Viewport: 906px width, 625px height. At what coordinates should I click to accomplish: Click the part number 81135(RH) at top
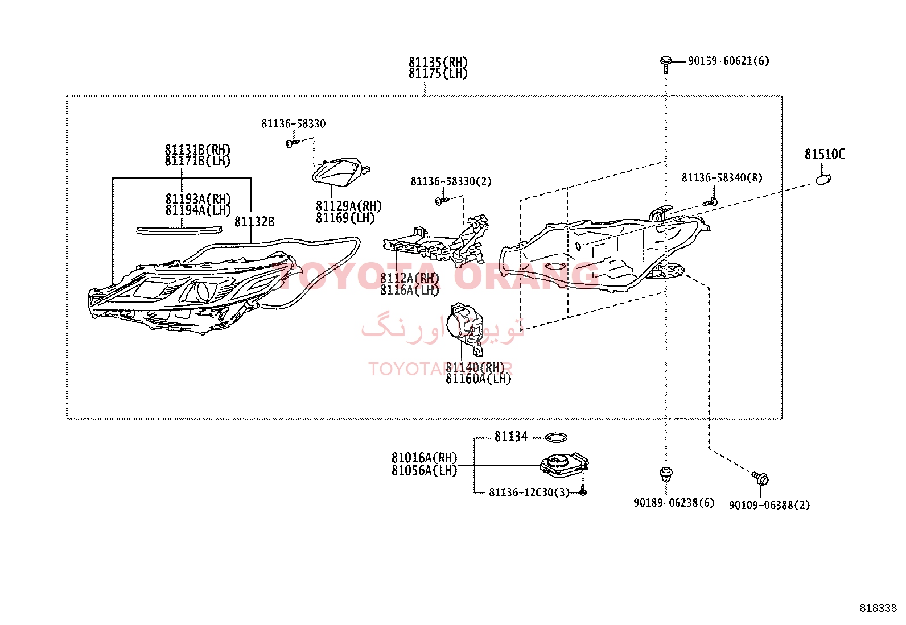pos(438,62)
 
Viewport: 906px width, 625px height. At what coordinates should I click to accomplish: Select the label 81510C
pos(824,154)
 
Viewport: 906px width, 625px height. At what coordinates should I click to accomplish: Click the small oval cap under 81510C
pos(823,180)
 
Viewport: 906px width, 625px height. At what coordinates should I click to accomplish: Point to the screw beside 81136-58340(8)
pos(710,201)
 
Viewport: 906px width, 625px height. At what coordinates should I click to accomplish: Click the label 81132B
pos(254,222)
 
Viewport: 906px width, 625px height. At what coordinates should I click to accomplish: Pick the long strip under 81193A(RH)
pos(179,230)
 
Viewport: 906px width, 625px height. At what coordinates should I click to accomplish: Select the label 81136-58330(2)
pos(451,181)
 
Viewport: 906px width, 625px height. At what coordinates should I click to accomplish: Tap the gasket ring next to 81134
pos(556,437)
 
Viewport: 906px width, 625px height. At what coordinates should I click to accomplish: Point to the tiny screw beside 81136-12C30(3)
pos(582,491)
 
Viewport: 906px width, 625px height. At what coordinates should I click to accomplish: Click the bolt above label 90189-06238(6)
pos(666,473)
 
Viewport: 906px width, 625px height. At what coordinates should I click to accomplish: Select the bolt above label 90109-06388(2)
pos(761,478)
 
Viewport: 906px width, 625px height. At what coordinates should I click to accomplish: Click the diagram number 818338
pos(878,608)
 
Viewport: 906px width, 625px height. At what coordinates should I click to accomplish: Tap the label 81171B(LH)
pos(197,161)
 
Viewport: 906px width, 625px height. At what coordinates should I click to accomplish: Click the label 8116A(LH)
pos(410,290)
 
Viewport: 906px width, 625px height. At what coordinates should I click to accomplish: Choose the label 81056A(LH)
pos(424,471)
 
